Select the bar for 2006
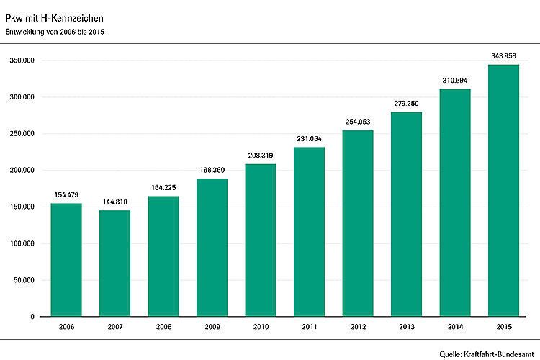(x=66, y=259)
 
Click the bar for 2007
(x=114, y=263)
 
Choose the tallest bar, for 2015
(x=503, y=191)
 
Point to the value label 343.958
(x=503, y=55)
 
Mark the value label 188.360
(x=212, y=170)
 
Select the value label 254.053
(x=358, y=122)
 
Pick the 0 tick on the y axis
(x=32, y=317)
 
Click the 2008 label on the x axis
(x=163, y=328)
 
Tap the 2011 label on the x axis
(x=309, y=328)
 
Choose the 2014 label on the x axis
(x=455, y=328)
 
